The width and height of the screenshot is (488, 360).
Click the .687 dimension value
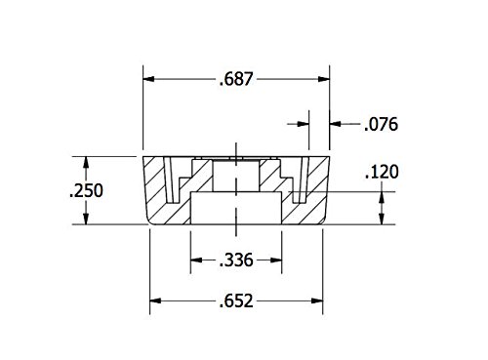pos(236,79)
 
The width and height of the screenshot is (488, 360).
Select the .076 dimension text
pos(381,124)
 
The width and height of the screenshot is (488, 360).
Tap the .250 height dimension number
pos(86,190)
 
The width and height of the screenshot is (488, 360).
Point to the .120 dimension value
pos(382,172)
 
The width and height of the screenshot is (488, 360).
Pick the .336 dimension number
pos(236,260)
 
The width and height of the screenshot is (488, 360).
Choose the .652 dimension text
pos(236,300)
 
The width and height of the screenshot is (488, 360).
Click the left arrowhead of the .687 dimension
pos(148,79)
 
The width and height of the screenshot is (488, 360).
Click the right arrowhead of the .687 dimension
pos(324,79)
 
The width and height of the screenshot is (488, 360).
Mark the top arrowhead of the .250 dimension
pos(86,162)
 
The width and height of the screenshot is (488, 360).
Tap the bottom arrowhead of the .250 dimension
pos(86,219)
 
